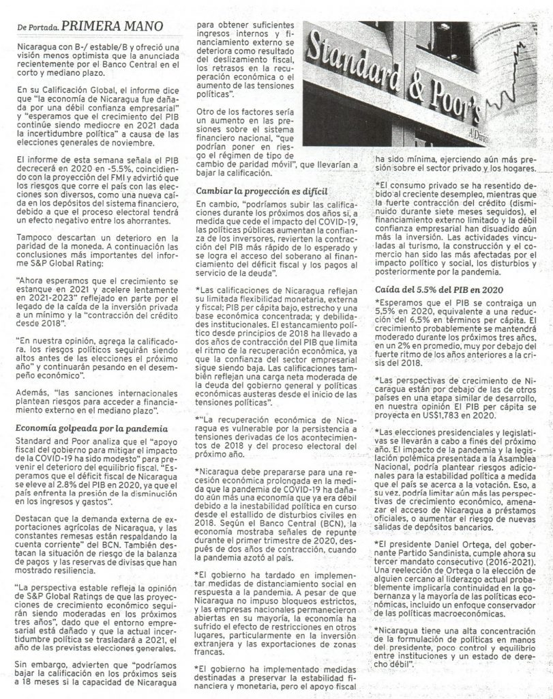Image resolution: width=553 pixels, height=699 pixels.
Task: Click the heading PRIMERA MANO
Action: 112,26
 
